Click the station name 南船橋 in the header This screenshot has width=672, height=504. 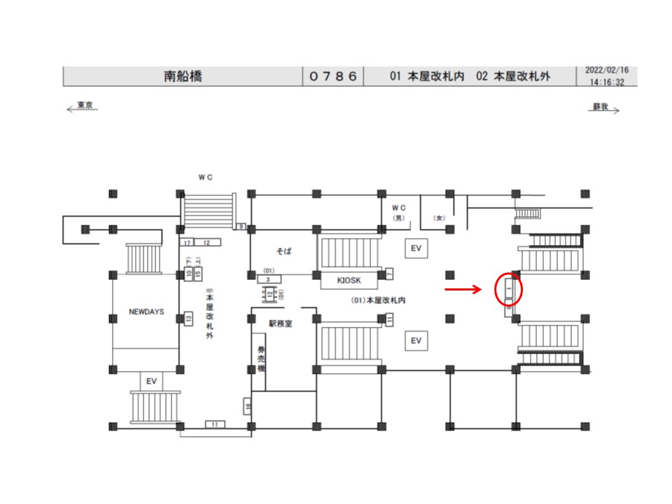(x=182, y=76)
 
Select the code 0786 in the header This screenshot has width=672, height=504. (x=333, y=76)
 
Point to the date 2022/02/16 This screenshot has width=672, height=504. (x=607, y=71)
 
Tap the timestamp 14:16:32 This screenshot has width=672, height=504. (x=607, y=82)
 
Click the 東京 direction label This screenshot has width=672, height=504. (x=85, y=106)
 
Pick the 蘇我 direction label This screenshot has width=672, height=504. (x=600, y=107)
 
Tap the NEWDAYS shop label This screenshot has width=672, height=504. (x=146, y=311)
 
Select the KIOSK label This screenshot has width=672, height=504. (x=348, y=280)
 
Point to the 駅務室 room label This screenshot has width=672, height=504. (x=279, y=324)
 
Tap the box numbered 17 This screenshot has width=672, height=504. (x=186, y=242)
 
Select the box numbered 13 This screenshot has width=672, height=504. (x=188, y=319)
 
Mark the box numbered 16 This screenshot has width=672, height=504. (x=248, y=405)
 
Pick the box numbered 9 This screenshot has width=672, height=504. (x=241, y=226)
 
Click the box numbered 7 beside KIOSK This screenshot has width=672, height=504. (x=389, y=274)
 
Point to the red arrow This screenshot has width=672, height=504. (x=463, y=288)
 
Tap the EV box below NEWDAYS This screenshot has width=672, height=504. (x=150, y=381)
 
